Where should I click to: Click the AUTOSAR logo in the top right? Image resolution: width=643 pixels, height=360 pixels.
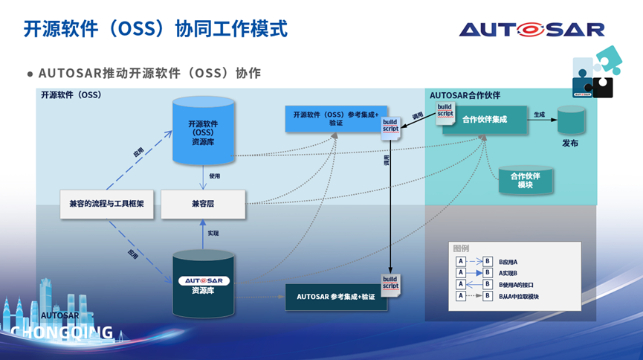click(x=531, y=29)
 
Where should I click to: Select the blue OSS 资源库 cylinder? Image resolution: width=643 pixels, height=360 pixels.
click(x=203, y=131)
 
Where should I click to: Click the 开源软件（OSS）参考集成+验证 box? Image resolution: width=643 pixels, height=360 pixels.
click(x=335, y=119)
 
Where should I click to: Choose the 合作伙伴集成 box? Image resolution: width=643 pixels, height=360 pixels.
click(x=484, y=120)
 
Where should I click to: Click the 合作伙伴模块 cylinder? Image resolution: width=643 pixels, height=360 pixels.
click(x=526, y=180)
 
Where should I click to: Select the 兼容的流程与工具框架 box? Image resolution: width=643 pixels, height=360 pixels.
click(x=107, y=204)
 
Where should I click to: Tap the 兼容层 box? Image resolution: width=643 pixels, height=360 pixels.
click(x=203, y=204)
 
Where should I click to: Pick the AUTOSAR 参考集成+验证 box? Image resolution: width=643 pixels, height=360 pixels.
click(x=336, y=297)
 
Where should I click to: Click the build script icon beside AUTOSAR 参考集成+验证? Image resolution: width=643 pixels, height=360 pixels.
click(x=390, y=283)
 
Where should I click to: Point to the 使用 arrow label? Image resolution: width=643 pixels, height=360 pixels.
click(x=215, y=176)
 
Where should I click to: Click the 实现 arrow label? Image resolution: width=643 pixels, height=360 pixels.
click(x=213, y=234)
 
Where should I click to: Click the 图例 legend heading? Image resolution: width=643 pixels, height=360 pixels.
click(x=461, y=248)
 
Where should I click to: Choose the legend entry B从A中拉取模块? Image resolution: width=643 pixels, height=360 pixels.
click(x=519, y=296)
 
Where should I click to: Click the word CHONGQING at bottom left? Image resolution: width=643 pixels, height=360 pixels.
click(x=62, y=332)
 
